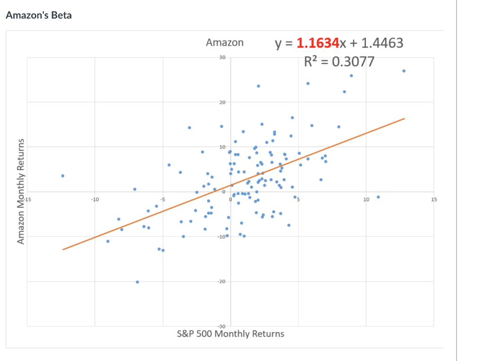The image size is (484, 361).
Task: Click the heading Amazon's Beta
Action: [x=39, y=15]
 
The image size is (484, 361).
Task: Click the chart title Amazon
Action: [x=225, y=43]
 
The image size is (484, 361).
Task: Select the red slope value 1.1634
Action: [x=318, y=43]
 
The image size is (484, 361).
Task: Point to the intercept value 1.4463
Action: [x=381, y=43]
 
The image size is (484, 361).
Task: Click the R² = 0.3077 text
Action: [x=339, y=61]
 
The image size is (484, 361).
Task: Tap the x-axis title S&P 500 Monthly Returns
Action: [x=230, y=334]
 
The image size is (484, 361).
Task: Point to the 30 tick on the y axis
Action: [x=223, y=57]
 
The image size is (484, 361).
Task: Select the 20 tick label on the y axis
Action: [x=223, y=102]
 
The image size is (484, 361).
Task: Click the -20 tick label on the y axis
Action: [x=222, y=282]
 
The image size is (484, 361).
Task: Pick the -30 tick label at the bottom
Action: [x=222, y=327]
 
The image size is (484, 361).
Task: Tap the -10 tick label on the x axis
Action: [x=95, y=200]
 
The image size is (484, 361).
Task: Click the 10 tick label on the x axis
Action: [x=366, y=200]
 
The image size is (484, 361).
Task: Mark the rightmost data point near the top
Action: [x=404, y=71]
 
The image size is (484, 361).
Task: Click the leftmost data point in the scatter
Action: [x=62, y=176]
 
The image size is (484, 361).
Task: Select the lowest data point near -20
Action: [x=137, y=282]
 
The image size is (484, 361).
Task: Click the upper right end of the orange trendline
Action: [x=405, y=119]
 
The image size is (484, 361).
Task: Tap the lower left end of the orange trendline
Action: [x=63, y=249]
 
